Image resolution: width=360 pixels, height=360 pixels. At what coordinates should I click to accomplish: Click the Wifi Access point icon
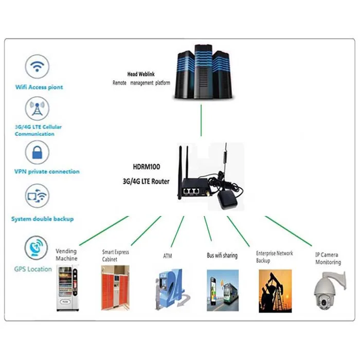(x=37, y=66)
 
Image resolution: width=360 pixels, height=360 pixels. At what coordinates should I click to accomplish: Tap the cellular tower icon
(x=37, y=109)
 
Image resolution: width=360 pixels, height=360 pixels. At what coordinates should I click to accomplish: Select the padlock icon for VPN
(x=37, y=152)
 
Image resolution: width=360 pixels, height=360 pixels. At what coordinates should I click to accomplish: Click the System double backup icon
(x=37, y=196)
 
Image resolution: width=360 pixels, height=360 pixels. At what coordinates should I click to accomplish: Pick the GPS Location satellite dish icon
(x=37, y=248)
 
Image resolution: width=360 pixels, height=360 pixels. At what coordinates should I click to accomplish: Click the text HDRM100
(x=147, y=167)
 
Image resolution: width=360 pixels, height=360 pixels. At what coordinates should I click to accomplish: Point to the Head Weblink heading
(x=141, y=74)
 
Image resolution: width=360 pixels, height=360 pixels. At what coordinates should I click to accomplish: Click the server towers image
(x=203, y=72)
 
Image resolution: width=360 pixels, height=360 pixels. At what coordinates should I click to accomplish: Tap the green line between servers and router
(x=201, y=120)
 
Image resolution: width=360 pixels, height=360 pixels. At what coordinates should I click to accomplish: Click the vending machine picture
(x=67, y=288)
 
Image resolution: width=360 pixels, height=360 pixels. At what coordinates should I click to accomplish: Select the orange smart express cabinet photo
(x=115, y=287)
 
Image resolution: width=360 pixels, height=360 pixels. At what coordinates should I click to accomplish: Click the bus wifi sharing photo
(x=223, y=291)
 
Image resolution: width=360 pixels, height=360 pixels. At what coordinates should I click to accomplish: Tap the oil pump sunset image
(x=275, y=291)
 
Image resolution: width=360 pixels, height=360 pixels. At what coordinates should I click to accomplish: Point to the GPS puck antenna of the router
(x=227, y=201)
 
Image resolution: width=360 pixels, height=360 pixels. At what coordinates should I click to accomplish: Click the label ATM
(x=167, y=256)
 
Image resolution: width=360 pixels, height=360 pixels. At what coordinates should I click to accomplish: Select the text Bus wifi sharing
(x=222, y=256)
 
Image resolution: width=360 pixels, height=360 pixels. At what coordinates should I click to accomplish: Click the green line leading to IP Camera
(x=289, y=231)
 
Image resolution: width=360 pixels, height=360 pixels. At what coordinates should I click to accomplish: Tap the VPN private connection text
(x=47, y=172)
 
